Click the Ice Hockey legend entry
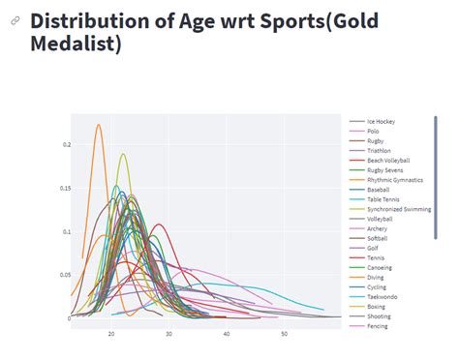tap(381, 121)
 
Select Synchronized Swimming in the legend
tap(398, 208)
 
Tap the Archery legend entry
tap(377, 228)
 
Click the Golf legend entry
tap(373, 248)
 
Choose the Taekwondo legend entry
tap(381, 296)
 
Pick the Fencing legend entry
tap(377, 326)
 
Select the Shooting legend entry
tap(378, 316)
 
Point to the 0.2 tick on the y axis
tap(67, 145)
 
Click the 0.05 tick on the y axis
tap(65, 276)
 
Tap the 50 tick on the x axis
tap(285, 334)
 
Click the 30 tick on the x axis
tap(169, 334)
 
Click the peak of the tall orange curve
tap(98, 124)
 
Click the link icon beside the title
tap(15, 21)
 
